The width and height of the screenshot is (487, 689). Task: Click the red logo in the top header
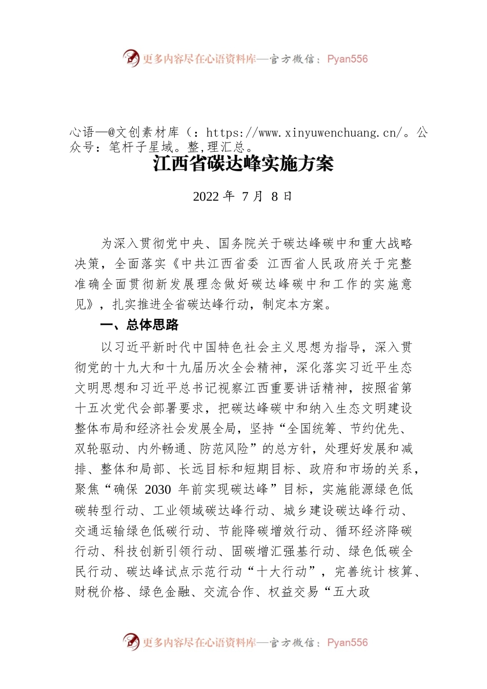(131, 58)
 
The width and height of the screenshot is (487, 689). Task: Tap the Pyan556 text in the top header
(348, 59)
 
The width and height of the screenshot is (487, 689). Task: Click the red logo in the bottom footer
(131, 641)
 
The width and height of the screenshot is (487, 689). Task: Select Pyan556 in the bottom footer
(348, 642)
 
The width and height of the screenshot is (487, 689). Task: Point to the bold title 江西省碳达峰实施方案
(243, 164)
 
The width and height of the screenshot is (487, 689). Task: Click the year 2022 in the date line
(206, 196)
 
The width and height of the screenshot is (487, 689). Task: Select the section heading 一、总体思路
(139, 325)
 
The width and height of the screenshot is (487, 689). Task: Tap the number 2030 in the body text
(158, 490)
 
